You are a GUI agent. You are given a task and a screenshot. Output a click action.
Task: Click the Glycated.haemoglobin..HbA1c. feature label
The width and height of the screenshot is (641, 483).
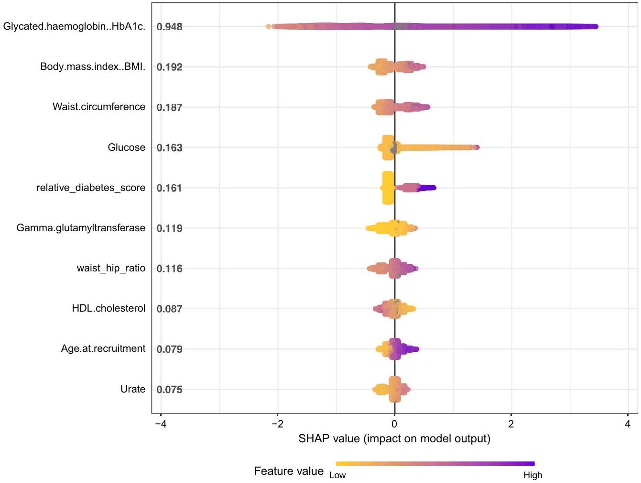coord(74,26)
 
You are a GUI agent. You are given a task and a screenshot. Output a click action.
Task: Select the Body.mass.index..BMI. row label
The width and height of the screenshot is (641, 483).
coord(93,67)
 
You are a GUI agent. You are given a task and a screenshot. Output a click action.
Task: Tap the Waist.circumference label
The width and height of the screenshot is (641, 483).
coord(99,107)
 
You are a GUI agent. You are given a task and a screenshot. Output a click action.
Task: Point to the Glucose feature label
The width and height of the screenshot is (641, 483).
coord(126,147)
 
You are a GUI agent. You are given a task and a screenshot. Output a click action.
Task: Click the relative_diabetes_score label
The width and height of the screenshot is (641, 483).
coord(91,188)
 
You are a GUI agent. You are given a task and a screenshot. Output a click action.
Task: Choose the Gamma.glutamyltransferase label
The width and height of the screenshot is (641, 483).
coord(81,228)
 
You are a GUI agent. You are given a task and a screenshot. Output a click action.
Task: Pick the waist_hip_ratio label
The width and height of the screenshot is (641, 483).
coord(111,268)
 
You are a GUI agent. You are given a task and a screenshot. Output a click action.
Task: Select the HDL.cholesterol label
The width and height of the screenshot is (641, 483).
coord(109,308)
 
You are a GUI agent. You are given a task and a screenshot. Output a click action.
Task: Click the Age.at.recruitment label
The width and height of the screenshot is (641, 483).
coord(103,348)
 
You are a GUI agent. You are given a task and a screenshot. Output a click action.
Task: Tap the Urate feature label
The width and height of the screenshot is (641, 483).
coord(133,389)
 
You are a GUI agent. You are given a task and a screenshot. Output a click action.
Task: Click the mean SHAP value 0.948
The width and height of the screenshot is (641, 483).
coord(170,27)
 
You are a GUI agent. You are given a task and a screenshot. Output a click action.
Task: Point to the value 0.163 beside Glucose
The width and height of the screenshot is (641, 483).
coord(170,148)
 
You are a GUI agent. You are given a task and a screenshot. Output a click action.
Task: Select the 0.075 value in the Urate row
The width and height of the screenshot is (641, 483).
coord(170,390)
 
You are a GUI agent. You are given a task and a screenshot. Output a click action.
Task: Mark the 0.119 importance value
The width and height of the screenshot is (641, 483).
coord(170,228)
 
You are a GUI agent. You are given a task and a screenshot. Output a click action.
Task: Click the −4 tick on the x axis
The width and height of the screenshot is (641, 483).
coord(161,424)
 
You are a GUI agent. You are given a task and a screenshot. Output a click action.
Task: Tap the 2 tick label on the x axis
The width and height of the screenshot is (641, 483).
coord(511,424)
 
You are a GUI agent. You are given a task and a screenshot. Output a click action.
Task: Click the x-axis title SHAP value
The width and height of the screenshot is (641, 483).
coord(394,438)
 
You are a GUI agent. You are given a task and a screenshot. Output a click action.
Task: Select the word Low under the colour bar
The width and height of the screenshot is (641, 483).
coord(337,475)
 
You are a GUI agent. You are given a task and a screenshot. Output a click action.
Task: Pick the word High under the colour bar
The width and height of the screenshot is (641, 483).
coord(532,475)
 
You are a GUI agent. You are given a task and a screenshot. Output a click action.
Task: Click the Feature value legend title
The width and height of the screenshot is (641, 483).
coord(289,471)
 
